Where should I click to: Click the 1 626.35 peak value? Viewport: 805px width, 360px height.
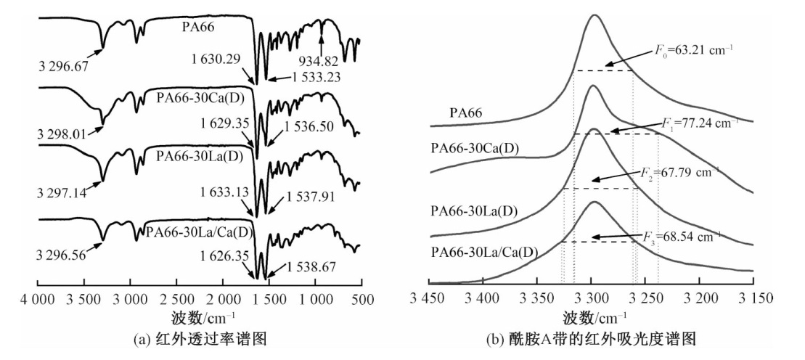215,256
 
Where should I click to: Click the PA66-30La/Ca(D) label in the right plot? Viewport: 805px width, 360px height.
483,253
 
